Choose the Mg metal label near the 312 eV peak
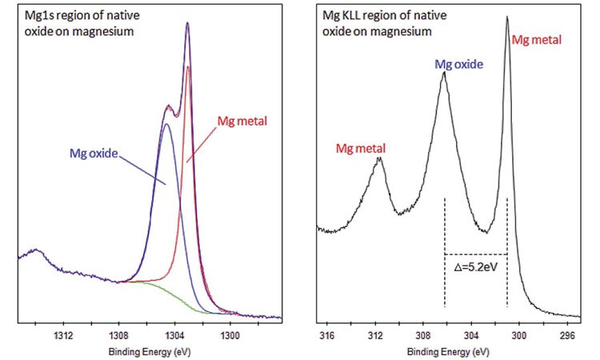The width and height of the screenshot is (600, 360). tap(361, 149)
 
